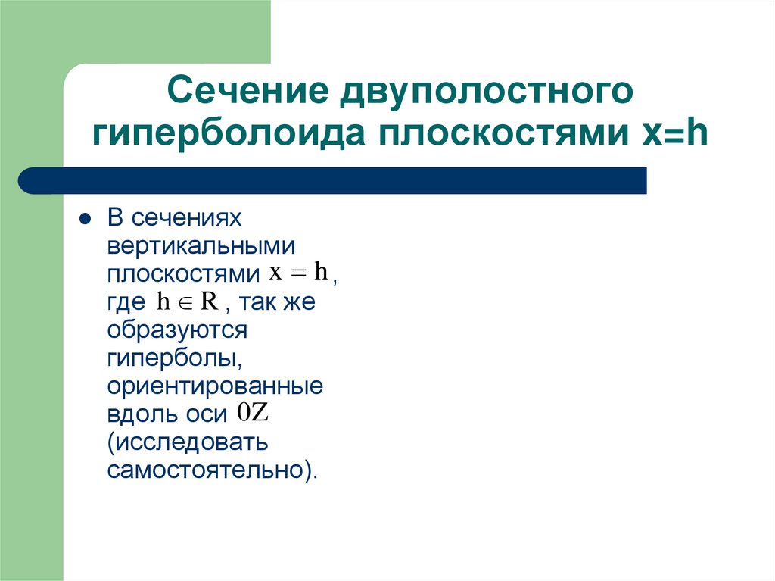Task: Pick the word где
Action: click(x=126, y=303)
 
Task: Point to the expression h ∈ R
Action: click(x=188, y=302)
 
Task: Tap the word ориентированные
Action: click(x=215, y=386)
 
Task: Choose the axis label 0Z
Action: click(x=252, y=414)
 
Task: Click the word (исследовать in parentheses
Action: click(x=188, y=442)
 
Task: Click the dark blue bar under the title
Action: click(x=333, y=181)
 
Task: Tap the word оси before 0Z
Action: click(x=206, y=414)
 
